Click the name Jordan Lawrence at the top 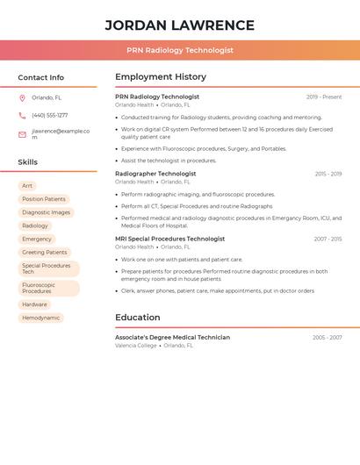179,25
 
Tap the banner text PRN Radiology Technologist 179,50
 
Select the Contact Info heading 40,77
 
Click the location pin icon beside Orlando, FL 22,98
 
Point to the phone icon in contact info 22,115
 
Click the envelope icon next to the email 22,134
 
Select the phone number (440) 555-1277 49,115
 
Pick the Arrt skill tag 27,186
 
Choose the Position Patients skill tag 44,199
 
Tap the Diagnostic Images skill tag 46,212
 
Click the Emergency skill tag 37,239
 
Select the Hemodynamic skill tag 41,318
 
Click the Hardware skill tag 35,304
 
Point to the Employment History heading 161,77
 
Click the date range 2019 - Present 324,97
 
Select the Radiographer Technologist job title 155,174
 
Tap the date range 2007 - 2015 328,239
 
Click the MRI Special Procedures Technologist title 169,239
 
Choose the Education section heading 138,318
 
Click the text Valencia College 136,346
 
